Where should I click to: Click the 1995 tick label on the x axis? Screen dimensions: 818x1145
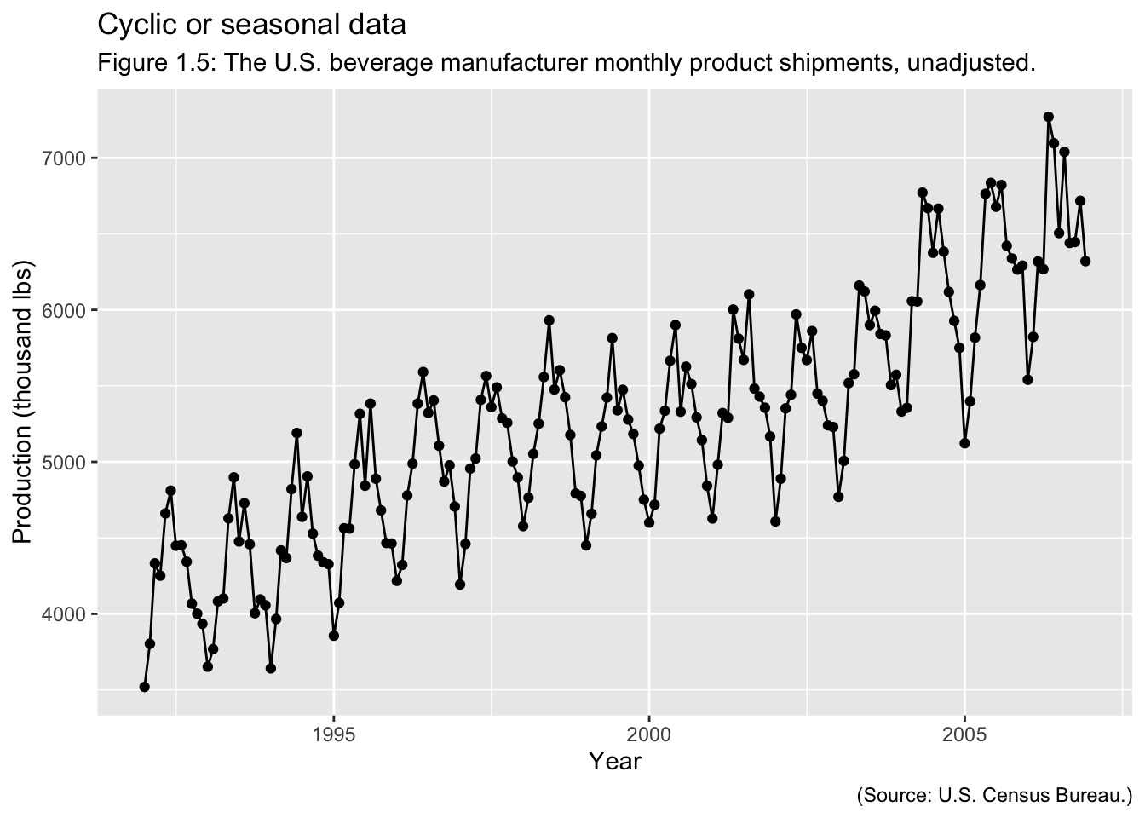[333, 734]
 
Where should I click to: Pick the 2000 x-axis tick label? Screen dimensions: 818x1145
[649, 734]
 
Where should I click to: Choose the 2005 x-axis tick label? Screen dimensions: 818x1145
[964, 734]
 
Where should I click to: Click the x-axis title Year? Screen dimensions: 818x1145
[614, 761]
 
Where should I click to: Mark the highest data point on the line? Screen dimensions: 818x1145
[1048, 117]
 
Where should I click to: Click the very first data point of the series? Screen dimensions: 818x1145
[145, 687]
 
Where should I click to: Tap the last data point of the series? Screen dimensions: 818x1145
[1085, 261]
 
